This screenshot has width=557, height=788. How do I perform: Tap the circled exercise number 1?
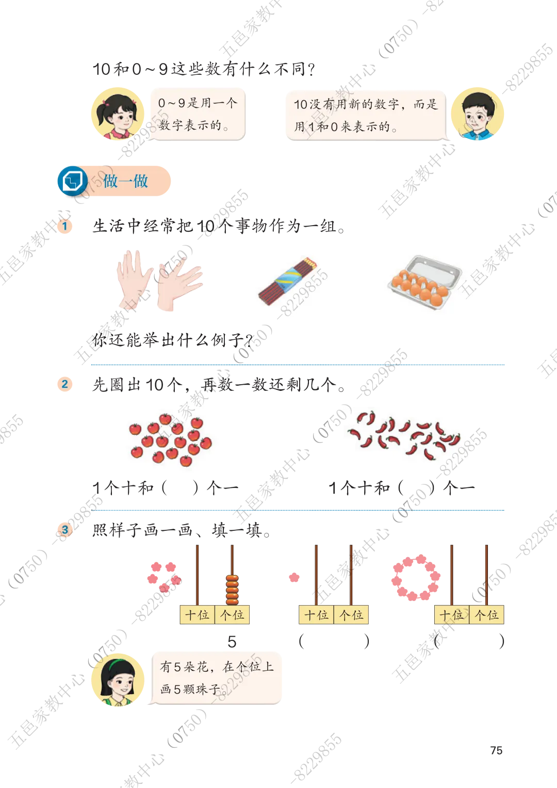point(65,226)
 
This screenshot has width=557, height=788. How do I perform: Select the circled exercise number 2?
point(65,384)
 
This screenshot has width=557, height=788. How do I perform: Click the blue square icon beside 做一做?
point(72,181)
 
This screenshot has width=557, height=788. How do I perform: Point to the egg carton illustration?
point(424,282)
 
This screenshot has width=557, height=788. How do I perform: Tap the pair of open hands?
point(159,280)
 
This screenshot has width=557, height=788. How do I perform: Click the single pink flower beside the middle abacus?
point(294,577)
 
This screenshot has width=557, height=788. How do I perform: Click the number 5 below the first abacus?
point(232,642)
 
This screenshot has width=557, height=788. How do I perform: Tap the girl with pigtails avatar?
point(118,114)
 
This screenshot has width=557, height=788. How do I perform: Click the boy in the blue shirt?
point(477,114)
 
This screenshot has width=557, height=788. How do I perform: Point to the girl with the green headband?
point(118,680)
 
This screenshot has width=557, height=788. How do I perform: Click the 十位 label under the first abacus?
point(197,614)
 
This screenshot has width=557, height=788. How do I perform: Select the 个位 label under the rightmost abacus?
point(487,614)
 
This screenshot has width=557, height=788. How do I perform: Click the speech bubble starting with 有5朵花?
point(216,678)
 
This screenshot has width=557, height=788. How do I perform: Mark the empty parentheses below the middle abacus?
point(334,641)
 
